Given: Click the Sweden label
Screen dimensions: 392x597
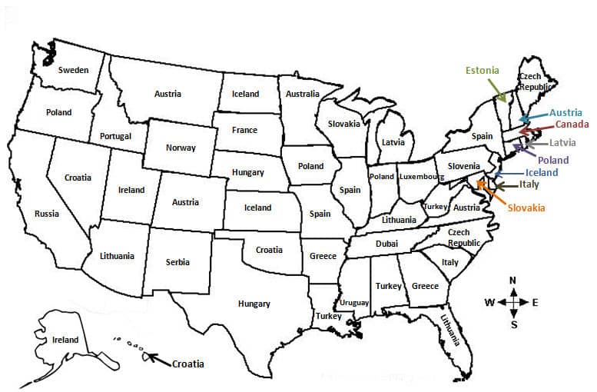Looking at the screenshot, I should (73, 70).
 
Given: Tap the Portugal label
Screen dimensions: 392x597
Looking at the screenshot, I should (115, 136).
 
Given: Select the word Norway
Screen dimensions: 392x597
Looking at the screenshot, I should (181, 148).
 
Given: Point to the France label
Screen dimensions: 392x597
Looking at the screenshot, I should (244, 130).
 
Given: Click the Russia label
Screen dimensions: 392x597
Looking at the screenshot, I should (46, 214).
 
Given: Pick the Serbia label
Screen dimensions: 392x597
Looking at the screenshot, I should (177, 262).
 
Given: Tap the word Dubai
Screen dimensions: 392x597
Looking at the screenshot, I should (386, 244).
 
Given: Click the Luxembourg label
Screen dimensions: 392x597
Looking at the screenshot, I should (422, 177).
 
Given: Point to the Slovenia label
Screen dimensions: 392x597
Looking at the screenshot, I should (464, 166).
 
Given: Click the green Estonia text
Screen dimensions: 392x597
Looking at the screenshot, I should (482, 71).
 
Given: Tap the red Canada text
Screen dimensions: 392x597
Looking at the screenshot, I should (572, 125).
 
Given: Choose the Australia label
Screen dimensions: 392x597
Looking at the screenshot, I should (302, 94).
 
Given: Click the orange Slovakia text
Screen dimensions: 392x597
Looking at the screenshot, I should (526, 208).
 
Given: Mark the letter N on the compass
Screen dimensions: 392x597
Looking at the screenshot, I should (512, 280).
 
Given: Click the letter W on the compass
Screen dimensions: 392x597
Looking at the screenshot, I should (489, 302).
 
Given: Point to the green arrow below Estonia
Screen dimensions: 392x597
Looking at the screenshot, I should (499, 93).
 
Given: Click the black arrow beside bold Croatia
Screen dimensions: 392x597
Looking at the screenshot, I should (158, 358).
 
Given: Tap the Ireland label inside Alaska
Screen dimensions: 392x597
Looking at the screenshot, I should (65, 340).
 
